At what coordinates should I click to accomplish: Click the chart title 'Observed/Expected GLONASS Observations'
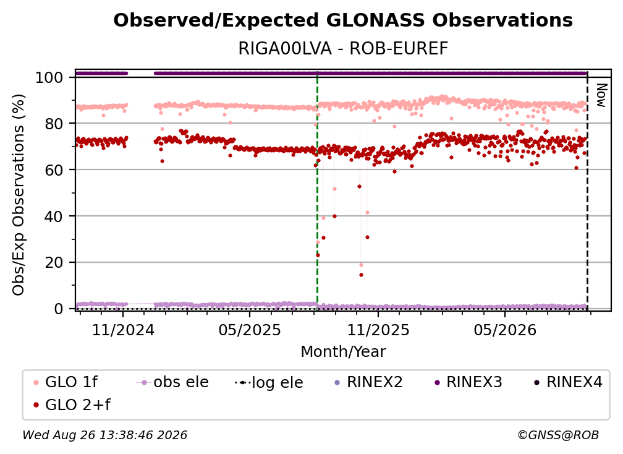(x=343, y=20)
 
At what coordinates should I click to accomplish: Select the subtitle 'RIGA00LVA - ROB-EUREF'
(x=343, y=48)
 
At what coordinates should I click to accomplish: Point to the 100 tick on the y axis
(x=49, y=77)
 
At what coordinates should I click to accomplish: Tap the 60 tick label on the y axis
(x=54, y=169)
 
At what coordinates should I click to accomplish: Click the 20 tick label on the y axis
(x=54, y=262)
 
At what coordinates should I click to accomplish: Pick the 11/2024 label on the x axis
(x=123, y=330)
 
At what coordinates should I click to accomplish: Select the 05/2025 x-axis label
(x=250, y=330)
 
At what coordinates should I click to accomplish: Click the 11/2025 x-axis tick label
(x=378, y=330)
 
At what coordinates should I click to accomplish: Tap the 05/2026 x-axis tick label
(x=505, y=330)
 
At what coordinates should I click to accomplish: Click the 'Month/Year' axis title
(x=343, y=352)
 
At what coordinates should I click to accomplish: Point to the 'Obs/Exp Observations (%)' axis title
(x=19, y=194)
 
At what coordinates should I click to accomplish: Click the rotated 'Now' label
(x=602, y=95)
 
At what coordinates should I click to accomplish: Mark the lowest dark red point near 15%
(x=361, y=275)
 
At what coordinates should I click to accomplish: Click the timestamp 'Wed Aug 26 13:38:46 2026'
(x=105, y=435)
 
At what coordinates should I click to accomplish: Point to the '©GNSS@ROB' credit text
(x=558, y=435)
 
